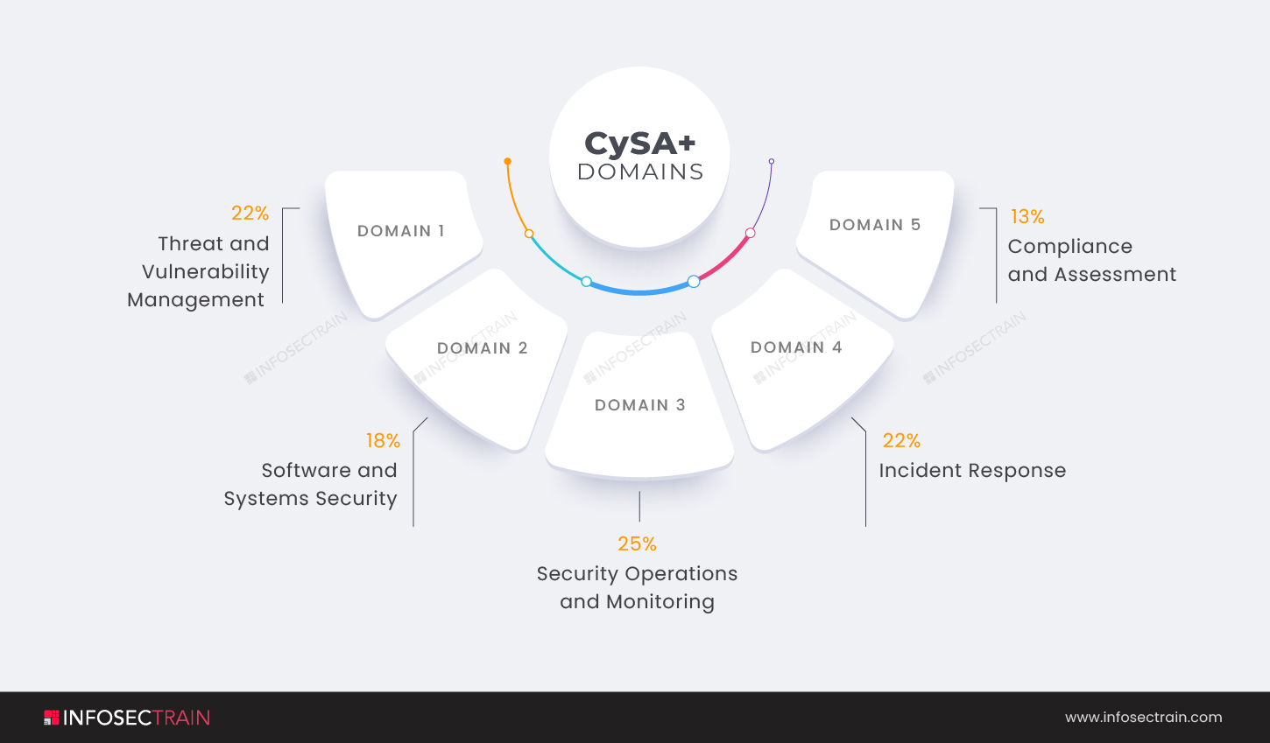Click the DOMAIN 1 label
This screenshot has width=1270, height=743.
[x=400, y=231]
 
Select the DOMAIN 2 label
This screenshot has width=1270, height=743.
[x=482, y=348]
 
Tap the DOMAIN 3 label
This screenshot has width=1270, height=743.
[x=639, y=405]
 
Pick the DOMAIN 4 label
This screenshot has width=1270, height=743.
[x=796, y=347]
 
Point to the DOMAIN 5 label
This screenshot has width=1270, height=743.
[x=874, y=225]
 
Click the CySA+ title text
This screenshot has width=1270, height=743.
[x=639, y=144]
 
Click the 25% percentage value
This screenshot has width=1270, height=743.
[x=637, y=543]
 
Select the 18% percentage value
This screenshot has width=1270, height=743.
[x=383, y=440]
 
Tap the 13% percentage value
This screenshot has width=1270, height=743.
[x=1027, y=216]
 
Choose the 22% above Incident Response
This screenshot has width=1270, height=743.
[x=901, y=440]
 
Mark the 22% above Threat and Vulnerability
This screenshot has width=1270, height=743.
[x=250, y=213]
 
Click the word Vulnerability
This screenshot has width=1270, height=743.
[x=206, y=272]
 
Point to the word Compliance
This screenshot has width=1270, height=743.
[x=1069, y=247]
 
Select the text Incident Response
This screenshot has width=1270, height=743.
[x=972, y=471]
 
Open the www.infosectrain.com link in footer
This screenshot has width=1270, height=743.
[x=1143, y=718]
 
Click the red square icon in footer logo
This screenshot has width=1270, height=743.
[x=52, y=718]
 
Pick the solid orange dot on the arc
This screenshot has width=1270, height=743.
[x=507, y=161]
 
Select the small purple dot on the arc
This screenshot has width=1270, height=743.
[x=771, y=161]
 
